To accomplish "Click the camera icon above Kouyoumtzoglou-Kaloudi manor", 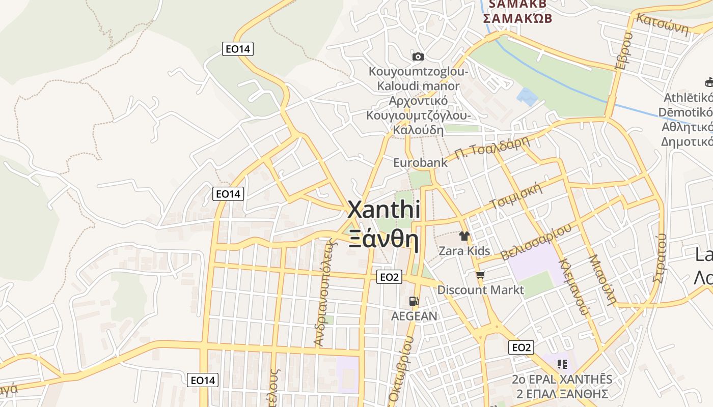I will [x=418, y=56].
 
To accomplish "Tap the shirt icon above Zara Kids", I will [x=464, y=236].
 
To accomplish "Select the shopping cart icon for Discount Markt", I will [x=480, y=275].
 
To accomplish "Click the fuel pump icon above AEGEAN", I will [x=414, y=301].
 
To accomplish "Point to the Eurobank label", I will [x=420, y=163].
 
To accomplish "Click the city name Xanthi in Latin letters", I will [x=384, y=210].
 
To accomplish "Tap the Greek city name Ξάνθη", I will [x=384, y=239].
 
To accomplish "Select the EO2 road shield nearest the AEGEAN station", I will [x=389, y=277].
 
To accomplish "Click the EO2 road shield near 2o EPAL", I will [x=521, y=347].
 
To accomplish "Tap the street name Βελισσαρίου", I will [x=536, y=243].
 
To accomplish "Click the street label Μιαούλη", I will [x=602, y=279].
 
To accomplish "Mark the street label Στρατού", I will [x=660, y=257].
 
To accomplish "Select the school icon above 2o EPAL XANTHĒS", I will [x=562, y=364].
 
